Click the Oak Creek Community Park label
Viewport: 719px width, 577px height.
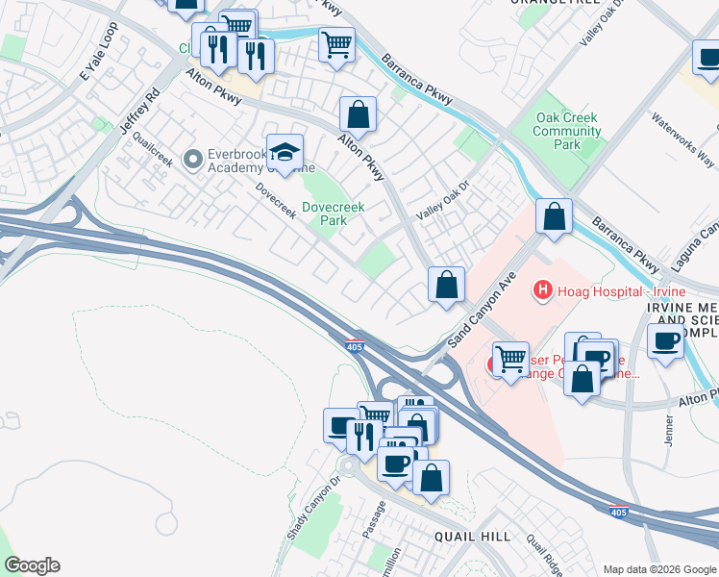point(567,131)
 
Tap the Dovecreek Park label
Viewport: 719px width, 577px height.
point(324,213)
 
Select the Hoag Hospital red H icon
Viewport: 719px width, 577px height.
point(543,288)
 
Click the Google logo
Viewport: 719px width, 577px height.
point(32,565)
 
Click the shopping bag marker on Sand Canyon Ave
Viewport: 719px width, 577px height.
point(446,286)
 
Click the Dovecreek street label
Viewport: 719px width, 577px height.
point(276,200)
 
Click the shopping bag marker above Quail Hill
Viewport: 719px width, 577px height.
point(432,479)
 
